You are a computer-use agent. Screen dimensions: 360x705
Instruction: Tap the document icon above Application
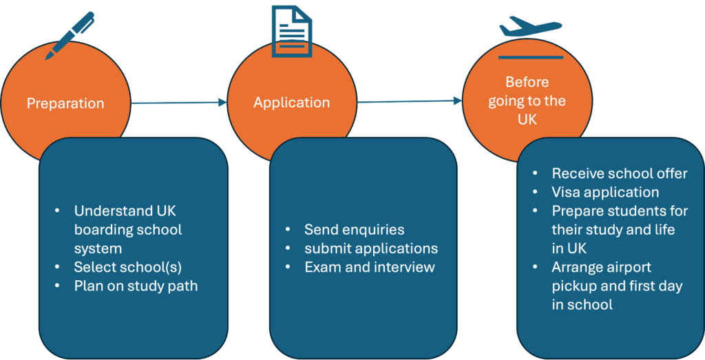pos(291,31)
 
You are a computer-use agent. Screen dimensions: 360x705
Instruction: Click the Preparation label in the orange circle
pos(65,104)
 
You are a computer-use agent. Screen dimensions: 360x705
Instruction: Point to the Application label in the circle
pos(291,103)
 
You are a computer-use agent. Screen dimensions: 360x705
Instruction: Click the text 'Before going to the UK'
pos(527,100)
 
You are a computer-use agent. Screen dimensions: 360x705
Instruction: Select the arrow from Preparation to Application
pos(179,103)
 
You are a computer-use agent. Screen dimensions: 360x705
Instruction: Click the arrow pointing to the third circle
pos(409,101)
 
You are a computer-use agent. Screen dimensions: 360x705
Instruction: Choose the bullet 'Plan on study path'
pos(136,285)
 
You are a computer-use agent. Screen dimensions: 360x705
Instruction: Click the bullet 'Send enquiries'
pos(354,229)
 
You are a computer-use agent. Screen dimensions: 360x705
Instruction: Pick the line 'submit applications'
pos(371,248)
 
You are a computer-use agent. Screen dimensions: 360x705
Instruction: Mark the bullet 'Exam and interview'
pos(370,266)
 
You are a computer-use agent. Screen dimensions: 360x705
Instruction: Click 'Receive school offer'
pos(619,173)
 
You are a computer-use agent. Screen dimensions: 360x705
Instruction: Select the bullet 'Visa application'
pos(605,192)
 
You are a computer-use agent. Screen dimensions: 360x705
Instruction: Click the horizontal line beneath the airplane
pos(530,57)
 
